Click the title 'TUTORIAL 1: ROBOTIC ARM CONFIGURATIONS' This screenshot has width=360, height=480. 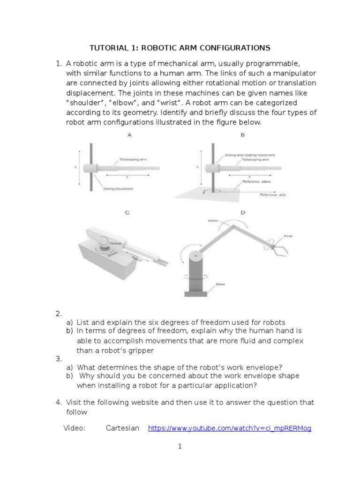click(x=180, y=48)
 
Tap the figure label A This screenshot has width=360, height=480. click(x=129, y=135)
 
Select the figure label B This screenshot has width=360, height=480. click(x=242, y=135)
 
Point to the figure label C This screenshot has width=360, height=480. click(x=127, y=213)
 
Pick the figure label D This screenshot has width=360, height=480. click(x=242, y=213)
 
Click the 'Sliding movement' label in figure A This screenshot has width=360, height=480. click(x=118, y=189)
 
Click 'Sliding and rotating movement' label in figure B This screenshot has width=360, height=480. click(x=250, y=155)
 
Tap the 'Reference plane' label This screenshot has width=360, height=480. click(x=256, y=181)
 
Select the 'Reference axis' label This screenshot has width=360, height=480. click(x=273, y=195)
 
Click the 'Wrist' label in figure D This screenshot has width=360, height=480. click(x=288, y=236)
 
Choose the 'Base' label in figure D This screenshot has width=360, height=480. click(x=220, y=284)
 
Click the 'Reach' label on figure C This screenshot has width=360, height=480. click(x=137, y=258)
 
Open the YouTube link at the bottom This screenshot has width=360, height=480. click(x=230, y=428)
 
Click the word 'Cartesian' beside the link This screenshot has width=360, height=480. click(x=123, y=428)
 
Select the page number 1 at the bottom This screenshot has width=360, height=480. click(x=180, y=447)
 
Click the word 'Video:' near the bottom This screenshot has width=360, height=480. click(x=75, y=428)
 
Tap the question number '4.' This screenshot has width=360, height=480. click(x=59, y=402)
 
